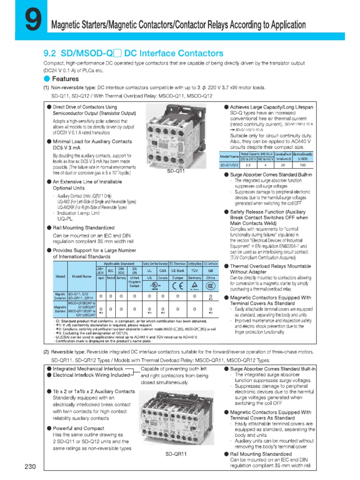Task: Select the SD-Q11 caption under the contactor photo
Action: click(177, 171)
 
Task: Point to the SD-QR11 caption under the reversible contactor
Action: click(176, 454)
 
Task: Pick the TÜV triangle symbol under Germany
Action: click(194, 285)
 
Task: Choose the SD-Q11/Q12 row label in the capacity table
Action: click(230, 165)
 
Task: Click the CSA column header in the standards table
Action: click(163, 270)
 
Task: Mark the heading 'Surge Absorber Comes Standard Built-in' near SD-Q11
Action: click(270, 174)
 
